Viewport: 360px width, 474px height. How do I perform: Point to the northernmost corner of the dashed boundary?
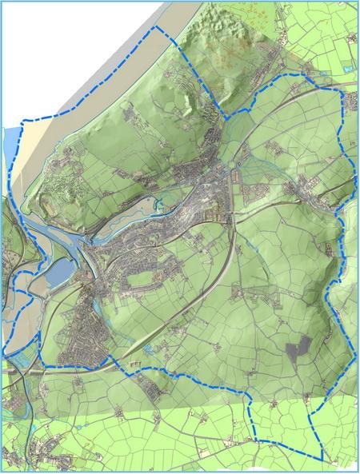(x=155, y=26)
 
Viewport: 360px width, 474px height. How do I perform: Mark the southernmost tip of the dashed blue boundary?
(x=321, y=461)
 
